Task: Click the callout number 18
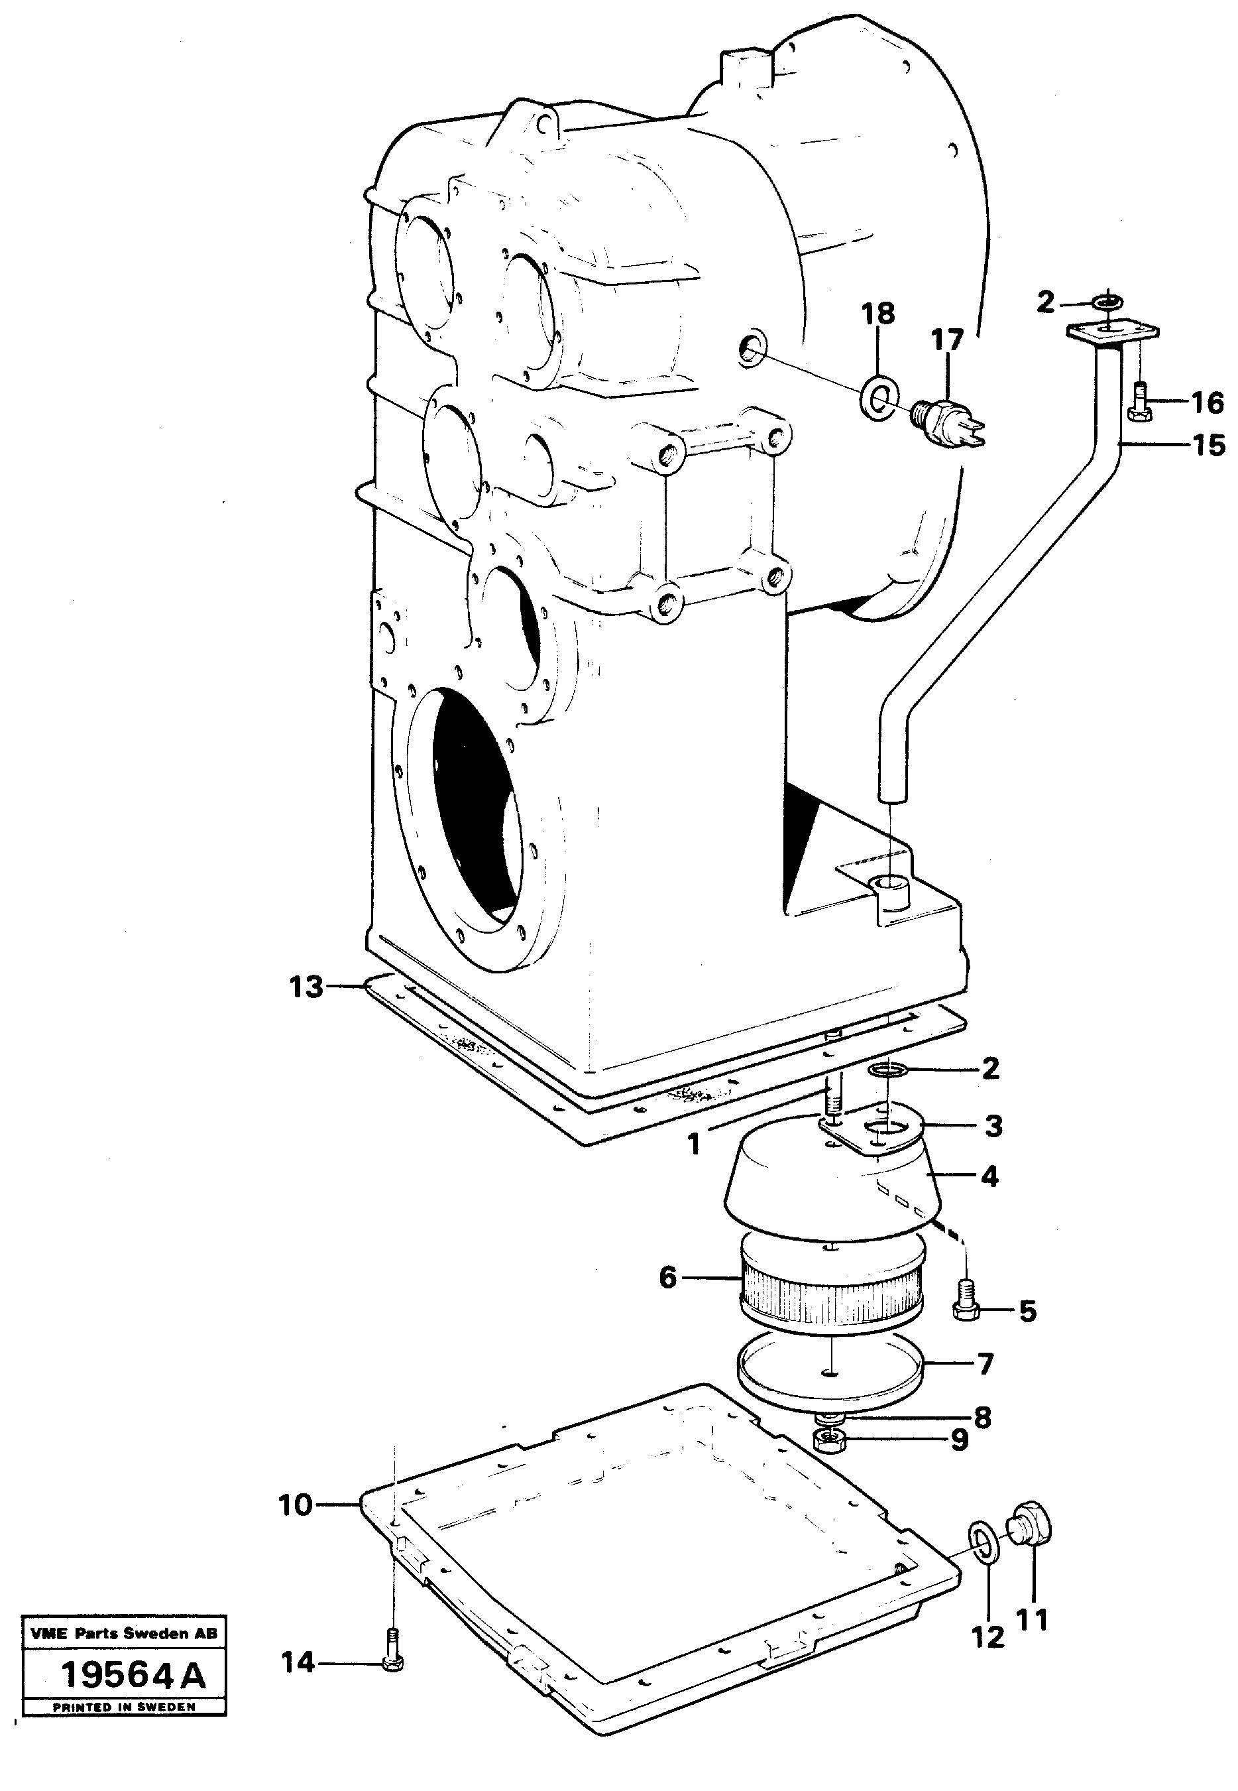click(x=878, y=314)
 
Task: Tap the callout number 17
click(x=947, y=340)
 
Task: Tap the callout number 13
click(x=306, y=987)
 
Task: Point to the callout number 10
click(x=296, y=1505)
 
